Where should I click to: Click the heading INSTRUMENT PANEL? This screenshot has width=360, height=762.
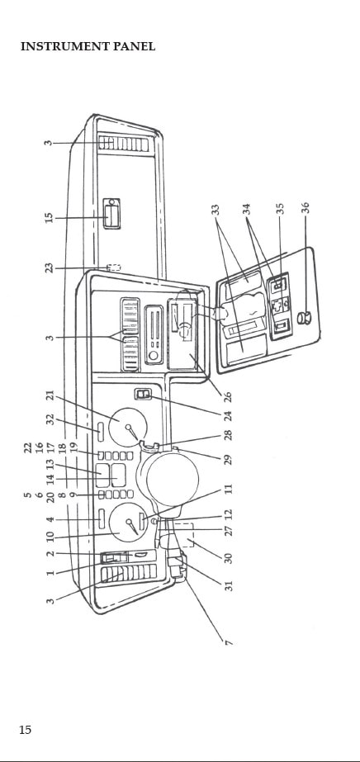(x=88, y=47)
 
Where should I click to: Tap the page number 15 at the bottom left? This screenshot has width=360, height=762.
(x=25, y=730)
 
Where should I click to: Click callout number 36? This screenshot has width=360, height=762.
(x=306, y=207)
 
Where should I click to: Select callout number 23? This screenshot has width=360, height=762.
(x=49, y=267)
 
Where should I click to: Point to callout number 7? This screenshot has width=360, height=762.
(x=230, y=642)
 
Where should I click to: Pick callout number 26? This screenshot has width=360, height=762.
(x=228, y=396)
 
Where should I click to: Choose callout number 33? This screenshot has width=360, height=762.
(x=216, y=210)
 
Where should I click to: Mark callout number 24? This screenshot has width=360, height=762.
(x=228, y=416)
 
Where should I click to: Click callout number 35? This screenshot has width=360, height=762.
(x=279, y=209)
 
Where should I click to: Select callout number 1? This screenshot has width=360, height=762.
(x=50, y=573)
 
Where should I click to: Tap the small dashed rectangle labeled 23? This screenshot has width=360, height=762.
(x=114, y=267)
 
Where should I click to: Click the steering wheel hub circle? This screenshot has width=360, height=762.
(x=173, y=479)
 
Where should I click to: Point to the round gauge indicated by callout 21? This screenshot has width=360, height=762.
(x=128, y=427)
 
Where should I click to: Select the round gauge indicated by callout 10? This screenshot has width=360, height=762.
(x=129, y=523)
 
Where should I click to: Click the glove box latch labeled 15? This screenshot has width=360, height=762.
(x=111, y=214)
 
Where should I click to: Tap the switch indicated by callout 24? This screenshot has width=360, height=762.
(x=144, y=395)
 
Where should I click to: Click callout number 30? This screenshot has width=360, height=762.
(x=229, y=557)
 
